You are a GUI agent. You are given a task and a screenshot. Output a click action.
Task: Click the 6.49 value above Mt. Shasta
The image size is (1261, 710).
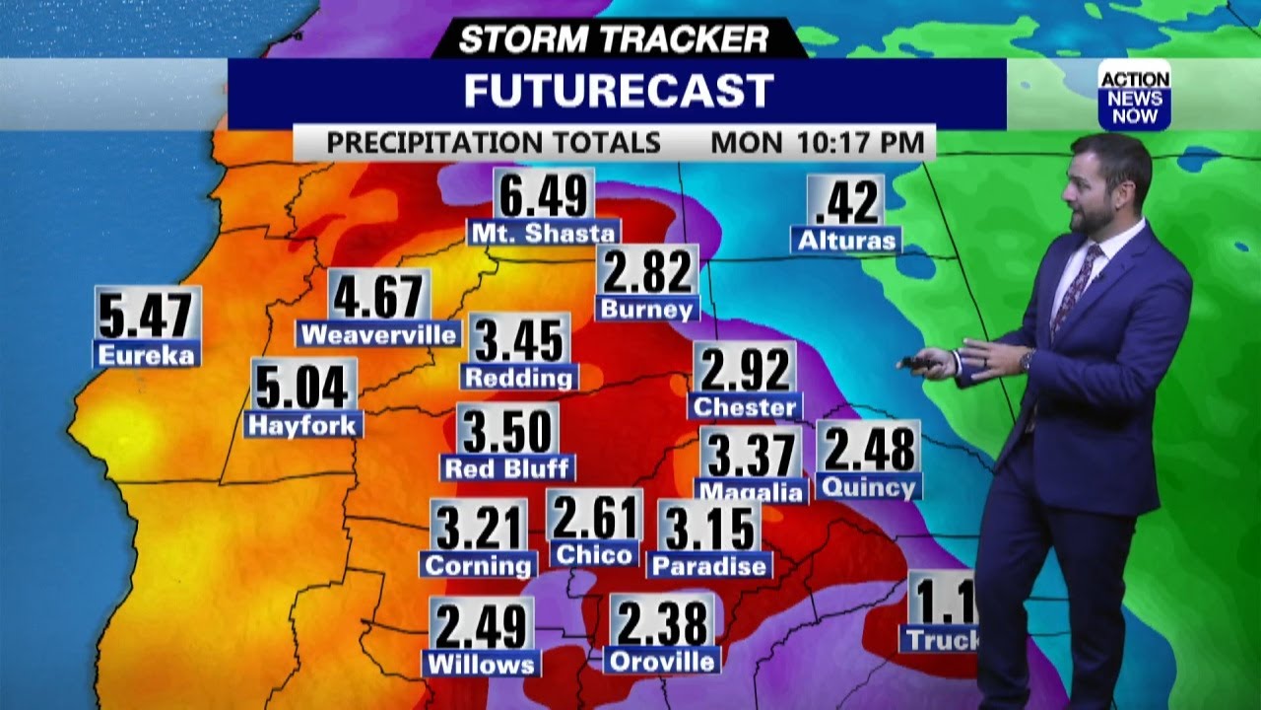(x=544, y=195)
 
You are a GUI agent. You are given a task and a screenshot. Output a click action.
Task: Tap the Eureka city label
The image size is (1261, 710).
(x=147, y=354)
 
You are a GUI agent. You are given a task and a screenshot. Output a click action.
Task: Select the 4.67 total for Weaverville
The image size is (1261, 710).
(x=378, y=296)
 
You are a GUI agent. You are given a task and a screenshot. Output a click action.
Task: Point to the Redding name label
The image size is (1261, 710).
(x=519, y=377)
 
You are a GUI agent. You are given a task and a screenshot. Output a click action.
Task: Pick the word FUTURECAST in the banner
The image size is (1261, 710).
(x=618, y=92)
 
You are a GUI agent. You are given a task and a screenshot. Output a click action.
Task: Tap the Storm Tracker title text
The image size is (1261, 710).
(x=613, y=39)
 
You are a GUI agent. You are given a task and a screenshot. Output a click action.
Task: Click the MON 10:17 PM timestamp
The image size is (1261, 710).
(x=819, y=142)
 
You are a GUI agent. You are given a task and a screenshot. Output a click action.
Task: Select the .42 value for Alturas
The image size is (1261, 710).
(x=846, y=202)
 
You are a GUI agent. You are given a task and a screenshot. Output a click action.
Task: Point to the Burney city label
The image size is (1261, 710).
(x=647, y=309)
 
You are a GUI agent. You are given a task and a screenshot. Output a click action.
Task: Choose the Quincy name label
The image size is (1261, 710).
(x=868, y=486)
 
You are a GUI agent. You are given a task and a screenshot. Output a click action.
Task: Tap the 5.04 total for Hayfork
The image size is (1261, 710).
(x=301, y=386)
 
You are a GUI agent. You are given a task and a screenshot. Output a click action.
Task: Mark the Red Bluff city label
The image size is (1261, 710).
(x=508, y=467)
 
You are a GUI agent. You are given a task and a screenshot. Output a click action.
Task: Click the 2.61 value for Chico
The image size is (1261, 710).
(x=595, y=516)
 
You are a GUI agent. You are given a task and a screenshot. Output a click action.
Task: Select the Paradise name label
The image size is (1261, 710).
(x=709, y=566)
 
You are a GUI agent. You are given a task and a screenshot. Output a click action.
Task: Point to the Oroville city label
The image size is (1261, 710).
(x=663, y=660)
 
